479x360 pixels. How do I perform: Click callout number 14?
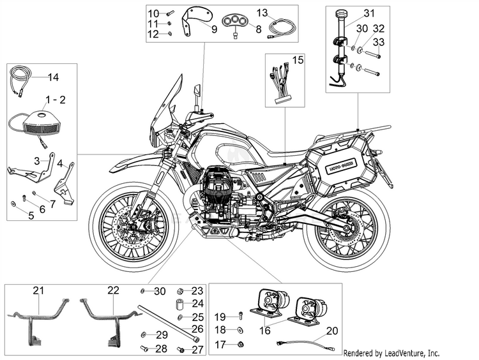(x=53, y=78)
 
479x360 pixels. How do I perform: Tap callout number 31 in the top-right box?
(x=369, y=13)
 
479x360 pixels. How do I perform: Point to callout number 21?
(x=39, y=290)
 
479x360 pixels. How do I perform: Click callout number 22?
(x=113, y=290)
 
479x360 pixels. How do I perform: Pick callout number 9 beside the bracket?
(x=214, y=29)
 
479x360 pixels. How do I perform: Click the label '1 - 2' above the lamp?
(x=55, y=101)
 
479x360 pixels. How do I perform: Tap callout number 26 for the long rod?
(x=197, y=329)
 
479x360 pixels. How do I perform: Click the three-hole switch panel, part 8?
(x=240, y=21)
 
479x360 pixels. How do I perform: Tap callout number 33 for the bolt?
(x=379, y=42)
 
